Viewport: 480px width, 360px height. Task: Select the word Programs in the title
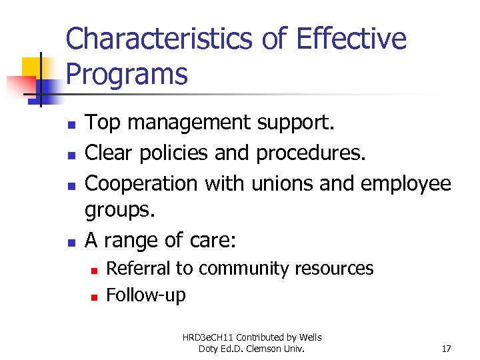click(x=127, y=74)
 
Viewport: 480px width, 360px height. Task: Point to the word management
click(x=189, y=123)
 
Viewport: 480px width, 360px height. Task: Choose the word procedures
click(x=311, y=153)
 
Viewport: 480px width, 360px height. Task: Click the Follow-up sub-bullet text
click(x=146, y=295)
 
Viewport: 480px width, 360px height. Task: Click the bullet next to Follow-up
click(x=94, y=297)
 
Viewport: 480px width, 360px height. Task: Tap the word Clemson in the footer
click(x=275, y=348)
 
